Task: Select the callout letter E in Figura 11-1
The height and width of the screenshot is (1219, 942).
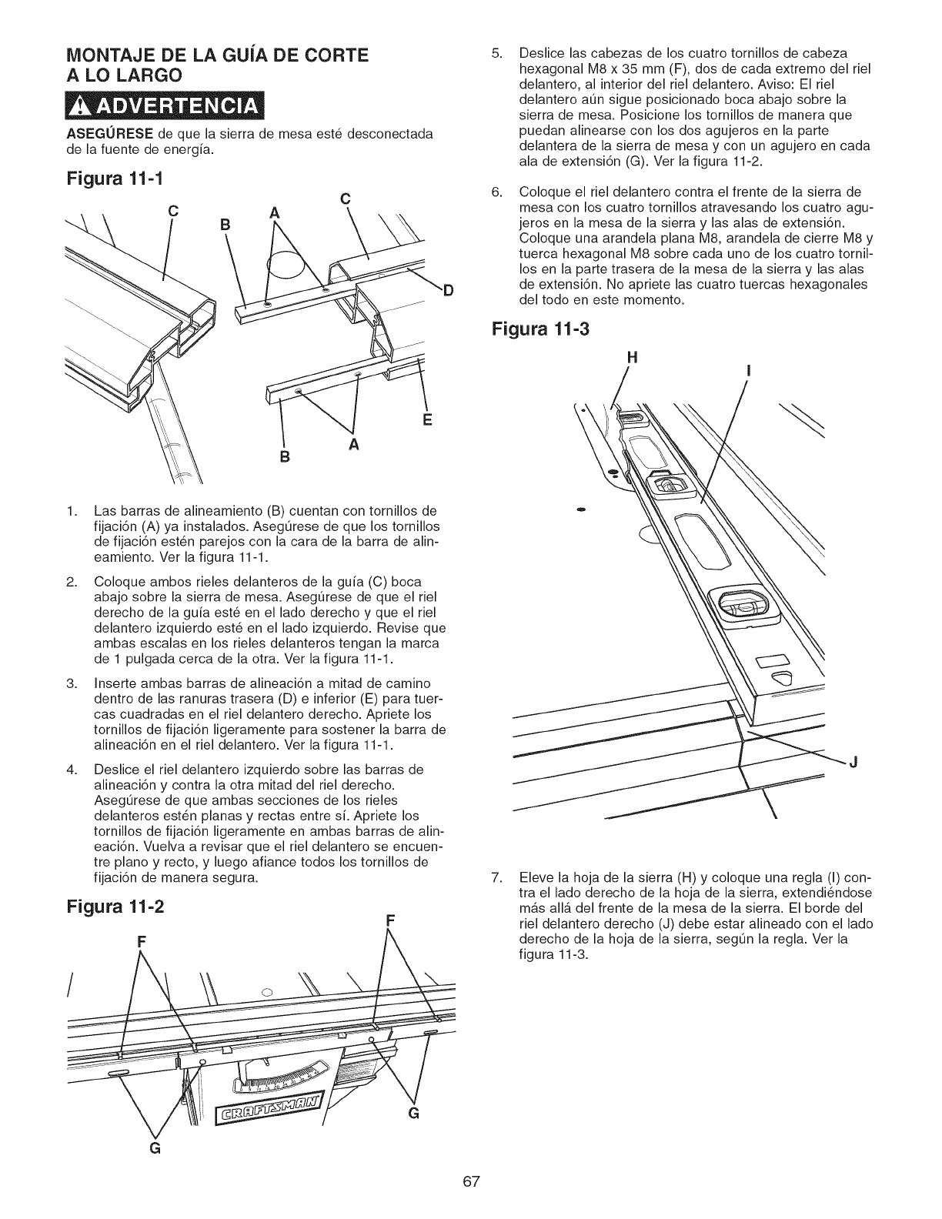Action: coord(428,420)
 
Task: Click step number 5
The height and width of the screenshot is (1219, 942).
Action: coord(496,53)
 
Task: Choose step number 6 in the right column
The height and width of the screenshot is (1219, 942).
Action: coord(496,192)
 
